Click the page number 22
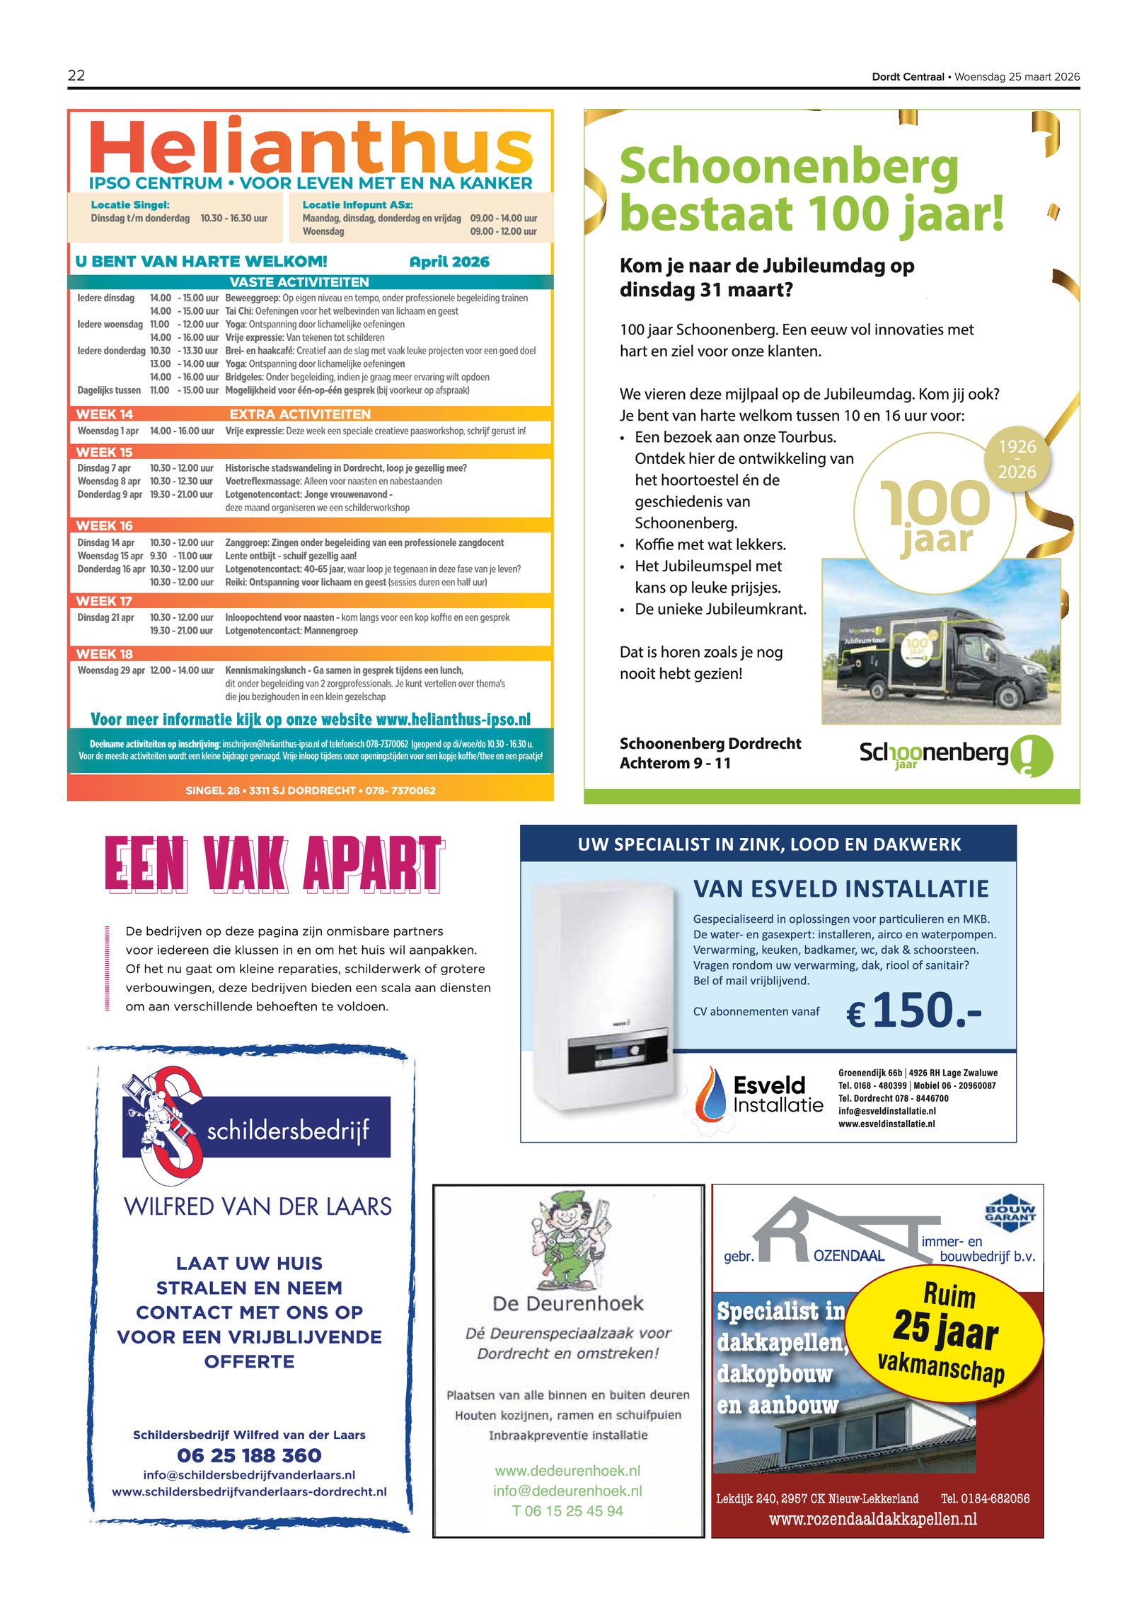click(x=76, y=76)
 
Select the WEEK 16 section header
click(x=105, y=525)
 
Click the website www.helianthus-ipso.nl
click(x=453, y=719)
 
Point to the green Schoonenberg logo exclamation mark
click(x=1031, y=755)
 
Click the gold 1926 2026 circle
click(x=1017, y=459)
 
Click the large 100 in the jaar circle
click(x=934, y=502)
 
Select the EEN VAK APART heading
click(x=274, y=863)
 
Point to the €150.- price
click(x=913, y=1011)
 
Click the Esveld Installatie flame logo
click(x=710, y=1094)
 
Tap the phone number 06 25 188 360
click(x=249, y=1455)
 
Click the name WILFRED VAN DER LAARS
click(x=258, y=1206)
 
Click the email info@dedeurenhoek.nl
click(x=567, y=1491)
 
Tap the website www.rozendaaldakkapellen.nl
click(x=872, y=1519)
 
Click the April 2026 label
click(x=449, y=262)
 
